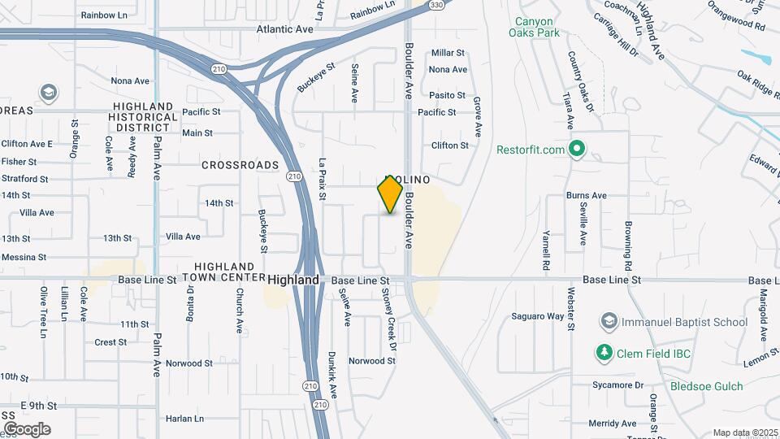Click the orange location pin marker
point(391,194)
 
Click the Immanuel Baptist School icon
point(608,322)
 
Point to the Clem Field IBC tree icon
point(604,352)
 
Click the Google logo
point(26,428)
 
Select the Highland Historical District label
point(144,117)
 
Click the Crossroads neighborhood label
point(240,165)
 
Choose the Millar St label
point(448,53)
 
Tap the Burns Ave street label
point(587,195)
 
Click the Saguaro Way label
point(538,316)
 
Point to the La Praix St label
point(323,179)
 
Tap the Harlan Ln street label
point(184,419)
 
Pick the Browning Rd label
point(628,246)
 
